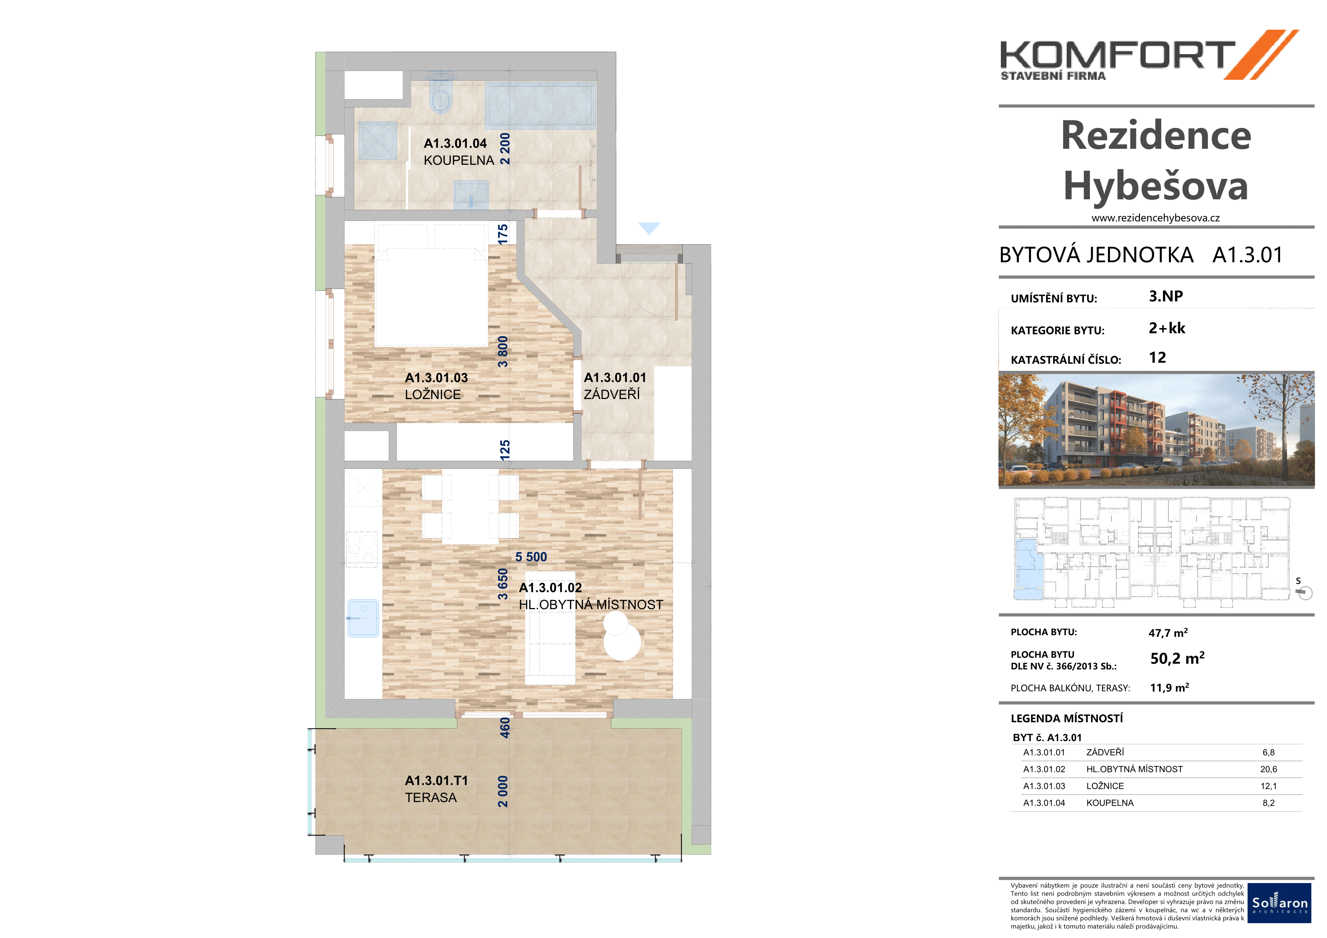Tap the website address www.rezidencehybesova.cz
point(1155,218)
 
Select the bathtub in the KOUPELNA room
point(540,105)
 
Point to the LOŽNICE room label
point(433,395)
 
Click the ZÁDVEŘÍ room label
point(611,395)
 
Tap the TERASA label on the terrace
point(430,798)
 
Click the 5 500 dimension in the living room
point(531,557)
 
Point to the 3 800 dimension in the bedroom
point(503,351)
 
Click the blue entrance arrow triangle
point(649,228)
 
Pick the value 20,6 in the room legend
point(1268,769)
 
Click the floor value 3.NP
point(1166,296)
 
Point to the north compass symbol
point(1304,591)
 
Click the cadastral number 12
point(1157,357)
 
